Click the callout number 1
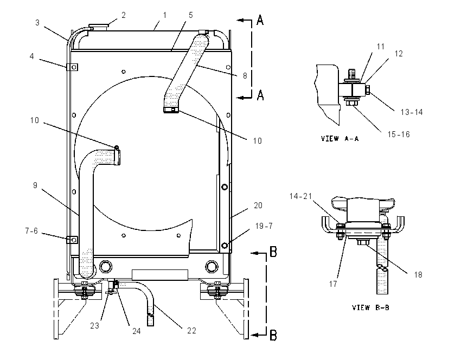165,15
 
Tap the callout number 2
124,15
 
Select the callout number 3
37,23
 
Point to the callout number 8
245,75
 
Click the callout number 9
35,185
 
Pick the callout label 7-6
31,231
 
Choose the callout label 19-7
264,226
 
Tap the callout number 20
258,205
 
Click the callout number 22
191,331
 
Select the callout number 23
95,326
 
